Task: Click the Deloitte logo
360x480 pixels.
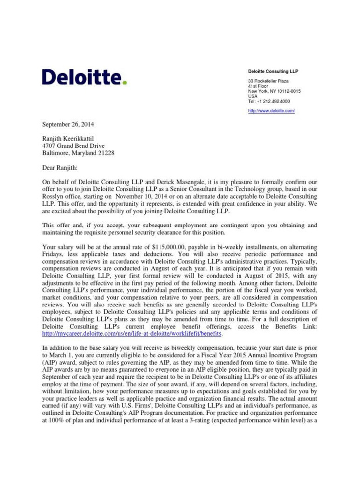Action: point(84,77)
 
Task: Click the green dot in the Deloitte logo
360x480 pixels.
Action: point(125,83)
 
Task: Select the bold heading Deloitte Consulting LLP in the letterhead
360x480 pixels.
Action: point(273,71)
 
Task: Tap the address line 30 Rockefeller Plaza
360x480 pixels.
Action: point(269,81)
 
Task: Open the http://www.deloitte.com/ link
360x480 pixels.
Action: point(271,111)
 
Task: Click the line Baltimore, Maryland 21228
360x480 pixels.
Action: point(78,153)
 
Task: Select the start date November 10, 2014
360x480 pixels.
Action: point(142,197)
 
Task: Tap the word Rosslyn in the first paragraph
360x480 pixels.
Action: point(54,197)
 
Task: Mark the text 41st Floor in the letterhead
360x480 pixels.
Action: point(258,86)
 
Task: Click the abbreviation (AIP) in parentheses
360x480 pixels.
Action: point(51,363)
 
